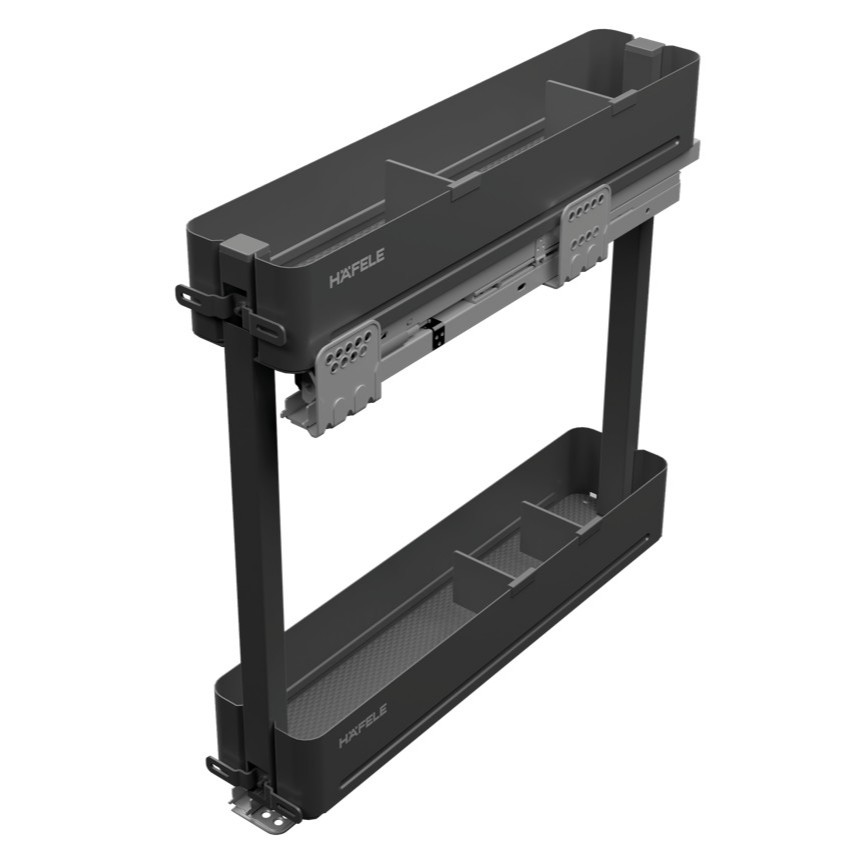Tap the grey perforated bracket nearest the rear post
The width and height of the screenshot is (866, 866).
pyautogui.click(x=586, y=234)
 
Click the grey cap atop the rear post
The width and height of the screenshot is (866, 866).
pyautogui.click(x=645, y=47)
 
